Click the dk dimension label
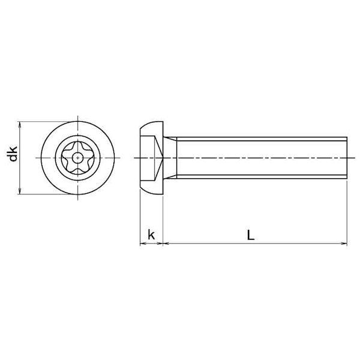pyautogui.click(x=13, y=154)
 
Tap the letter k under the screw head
pyautogui.click(x=151, y=235)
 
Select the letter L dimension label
pyautogui.click(x=251, y=235)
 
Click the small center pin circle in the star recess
pyautogui.click(x=77, y=158)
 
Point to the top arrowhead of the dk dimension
pyautogui.click(x=20, y=124)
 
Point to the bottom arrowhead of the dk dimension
pyautogui.click(x=20, y=191)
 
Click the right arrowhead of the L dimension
pyautogui.click(x=344, y=243)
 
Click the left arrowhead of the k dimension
pyautogui.click(x=143, y=243)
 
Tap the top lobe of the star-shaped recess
pyautogui.click(x=77, y=145)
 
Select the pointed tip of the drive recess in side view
pyautogui.click(x=163, y=158)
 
